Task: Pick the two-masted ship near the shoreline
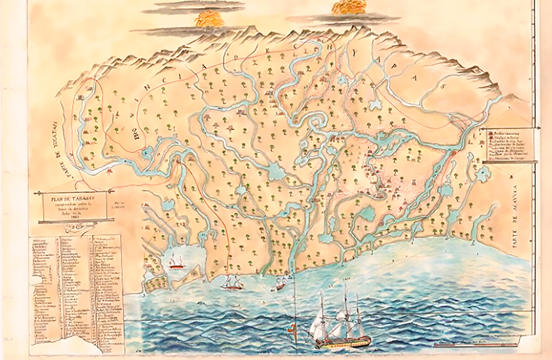tap(231, 283)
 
